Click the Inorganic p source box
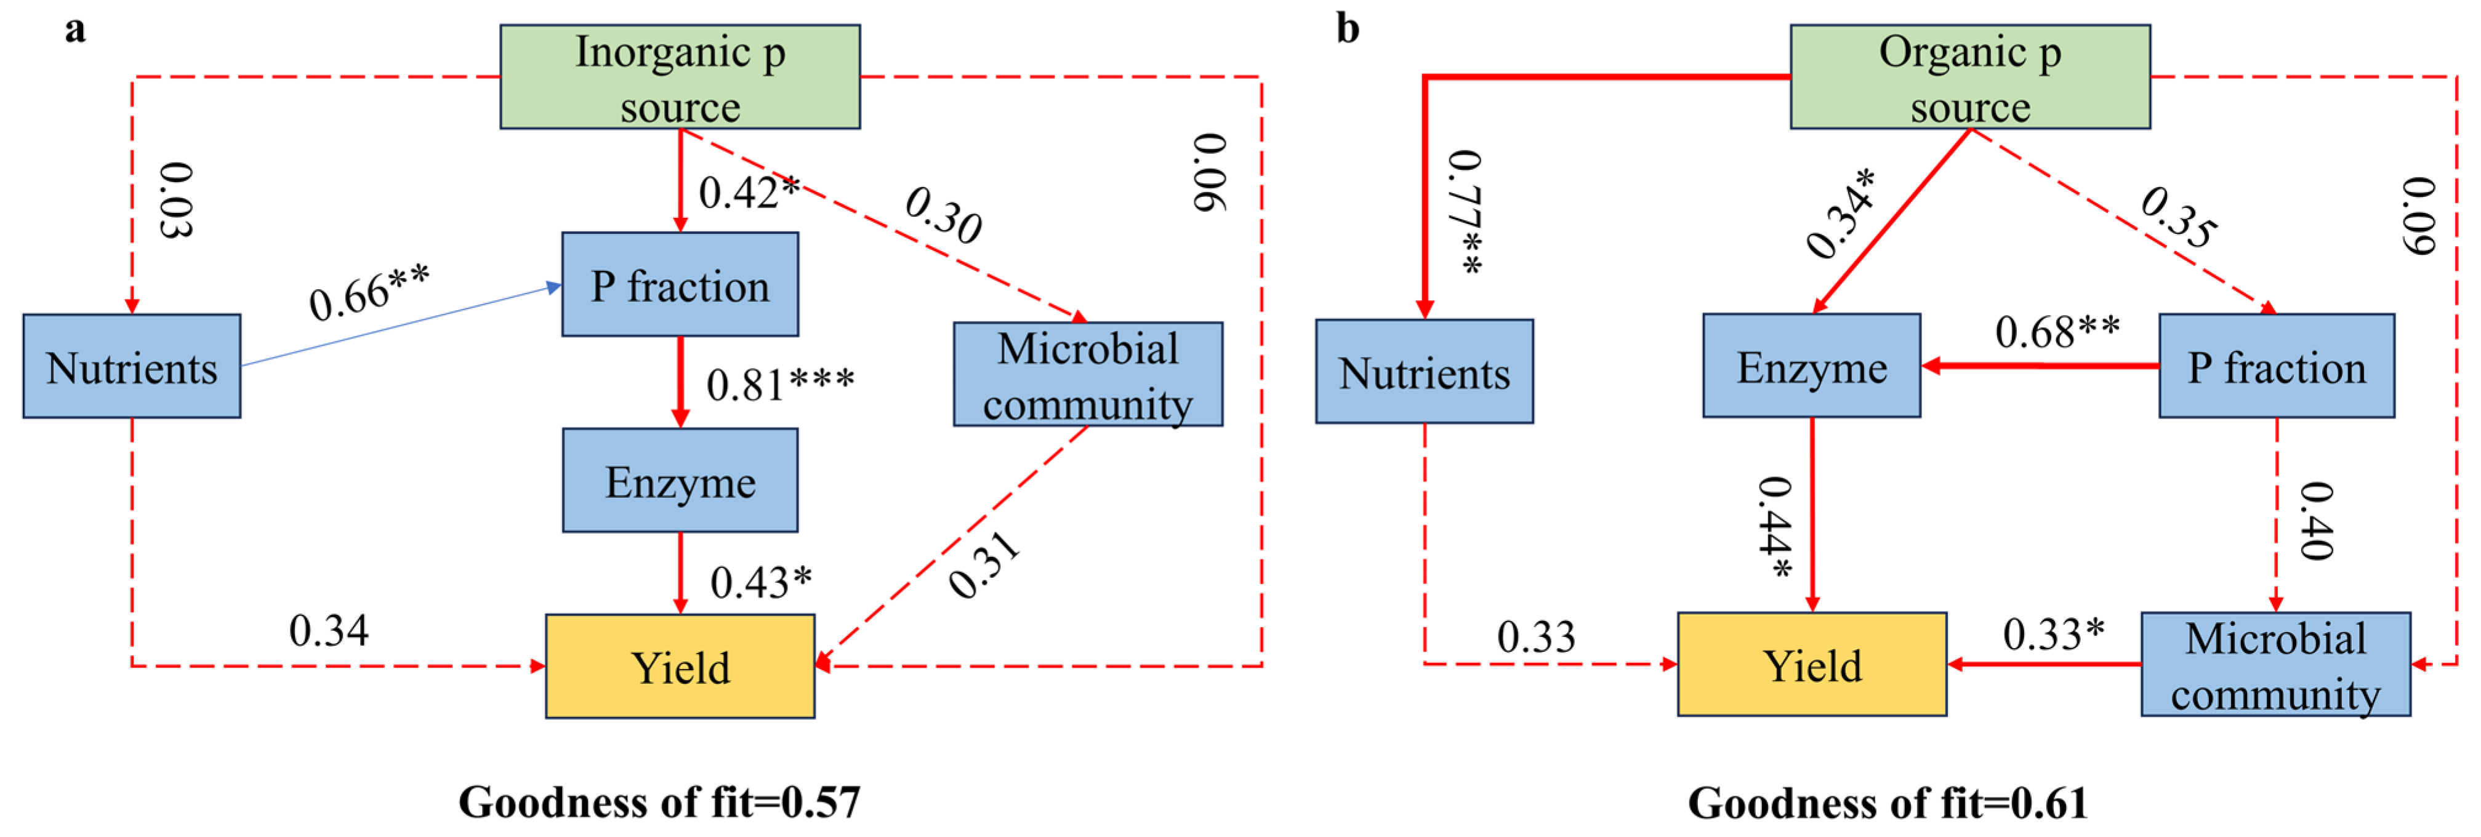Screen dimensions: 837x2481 680,77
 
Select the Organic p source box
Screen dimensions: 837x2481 1969,77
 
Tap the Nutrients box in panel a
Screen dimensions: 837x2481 132,366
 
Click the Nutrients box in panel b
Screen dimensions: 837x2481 1425,372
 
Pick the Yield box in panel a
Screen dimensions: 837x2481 680,667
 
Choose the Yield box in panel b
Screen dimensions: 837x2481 1812,665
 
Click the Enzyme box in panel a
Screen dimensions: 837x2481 680,481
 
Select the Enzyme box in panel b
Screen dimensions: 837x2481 1812,366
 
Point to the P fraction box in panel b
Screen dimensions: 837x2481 2277,366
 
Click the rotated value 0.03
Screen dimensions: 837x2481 176,201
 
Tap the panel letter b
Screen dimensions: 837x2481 1348,29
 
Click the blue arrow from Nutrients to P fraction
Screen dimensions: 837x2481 400,326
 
